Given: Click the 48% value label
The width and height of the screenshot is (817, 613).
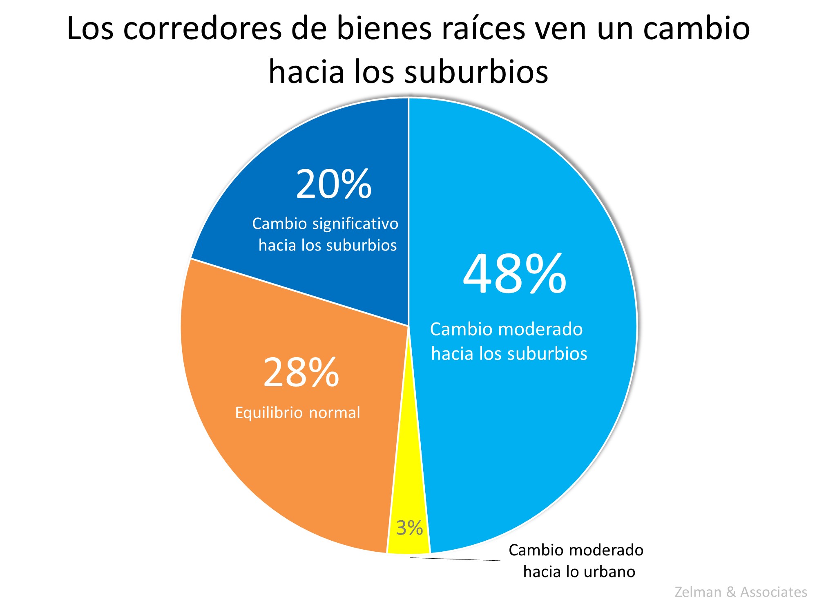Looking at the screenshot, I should point(515,274).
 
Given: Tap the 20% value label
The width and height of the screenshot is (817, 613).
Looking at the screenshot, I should point(333,185).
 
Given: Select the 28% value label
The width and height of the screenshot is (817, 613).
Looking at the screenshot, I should point(301,372).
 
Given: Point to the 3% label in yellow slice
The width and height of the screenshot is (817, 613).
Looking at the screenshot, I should point(409,528).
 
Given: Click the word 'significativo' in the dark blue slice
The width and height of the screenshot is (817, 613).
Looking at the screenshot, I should point(355,224).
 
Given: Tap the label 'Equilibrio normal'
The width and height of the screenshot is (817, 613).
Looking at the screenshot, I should point(297,413).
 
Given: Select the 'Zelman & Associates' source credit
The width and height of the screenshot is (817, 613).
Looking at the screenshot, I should point(741,592).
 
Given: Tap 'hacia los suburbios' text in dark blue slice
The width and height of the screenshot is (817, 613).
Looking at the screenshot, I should point(328,246).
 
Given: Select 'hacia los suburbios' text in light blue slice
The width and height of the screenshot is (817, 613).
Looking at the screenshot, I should point(509,354).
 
